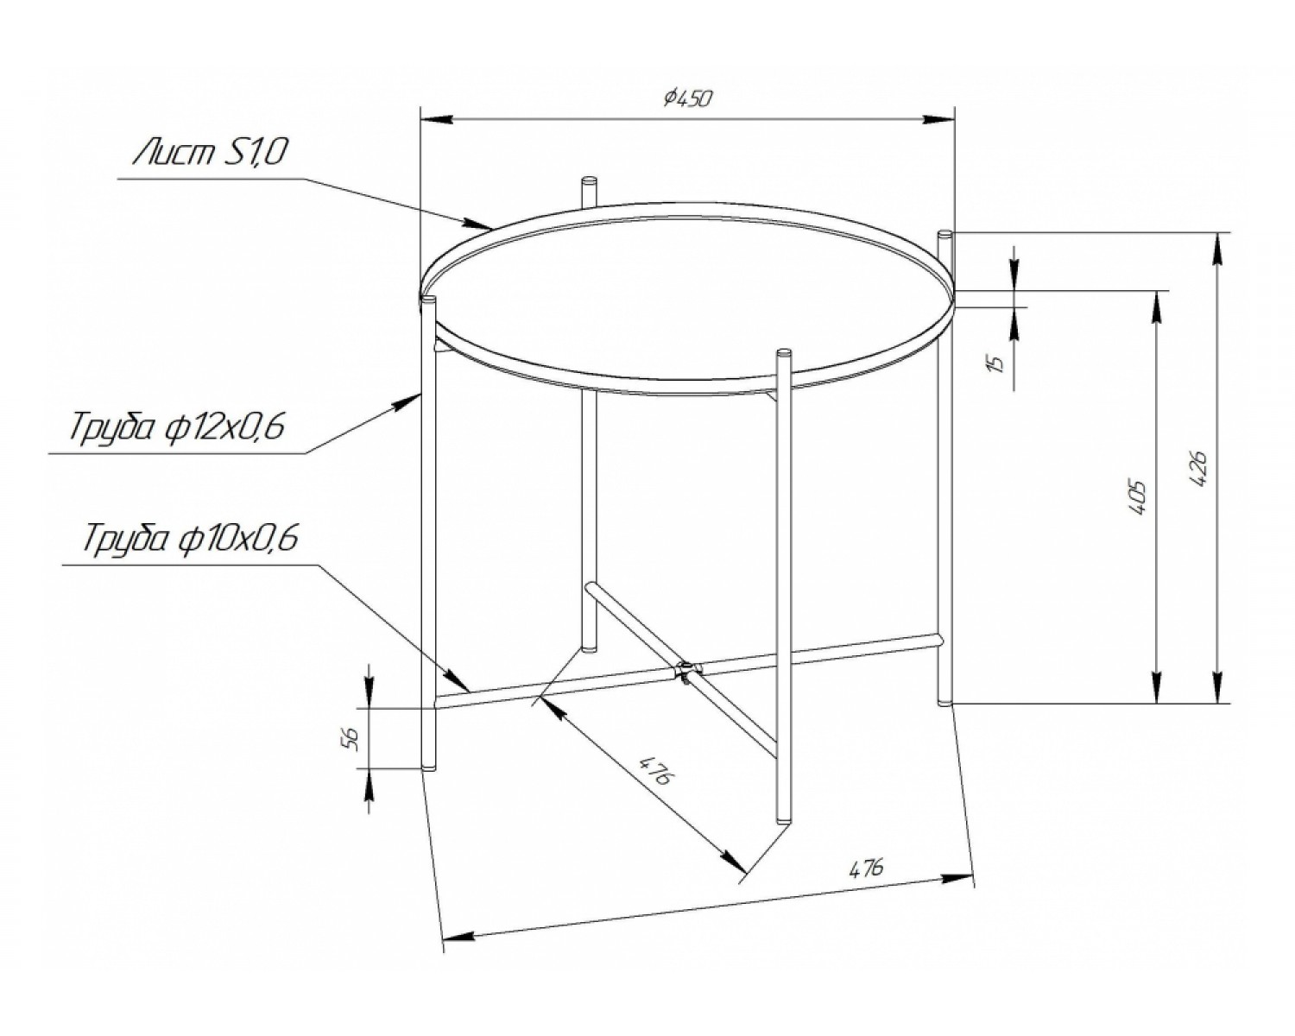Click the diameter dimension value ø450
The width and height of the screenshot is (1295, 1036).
(x=688, y=98)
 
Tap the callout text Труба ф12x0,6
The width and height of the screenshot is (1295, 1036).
(x=177, y=426)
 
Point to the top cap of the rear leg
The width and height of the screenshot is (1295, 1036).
(x=589, y=180)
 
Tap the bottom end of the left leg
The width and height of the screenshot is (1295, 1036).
(x=428, y=768)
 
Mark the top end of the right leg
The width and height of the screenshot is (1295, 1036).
(x=944, y=233)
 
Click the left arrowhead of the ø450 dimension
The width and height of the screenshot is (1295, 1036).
(x=436, y=119)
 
